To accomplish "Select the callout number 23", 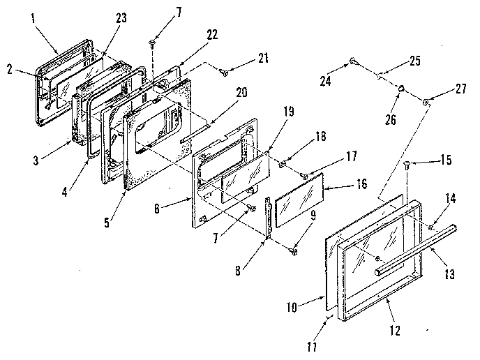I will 121,19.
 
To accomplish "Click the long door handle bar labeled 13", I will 412,245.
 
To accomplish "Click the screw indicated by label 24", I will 355,61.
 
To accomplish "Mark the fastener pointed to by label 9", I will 293,246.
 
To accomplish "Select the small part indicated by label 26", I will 403,89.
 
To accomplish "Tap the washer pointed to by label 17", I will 304,175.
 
